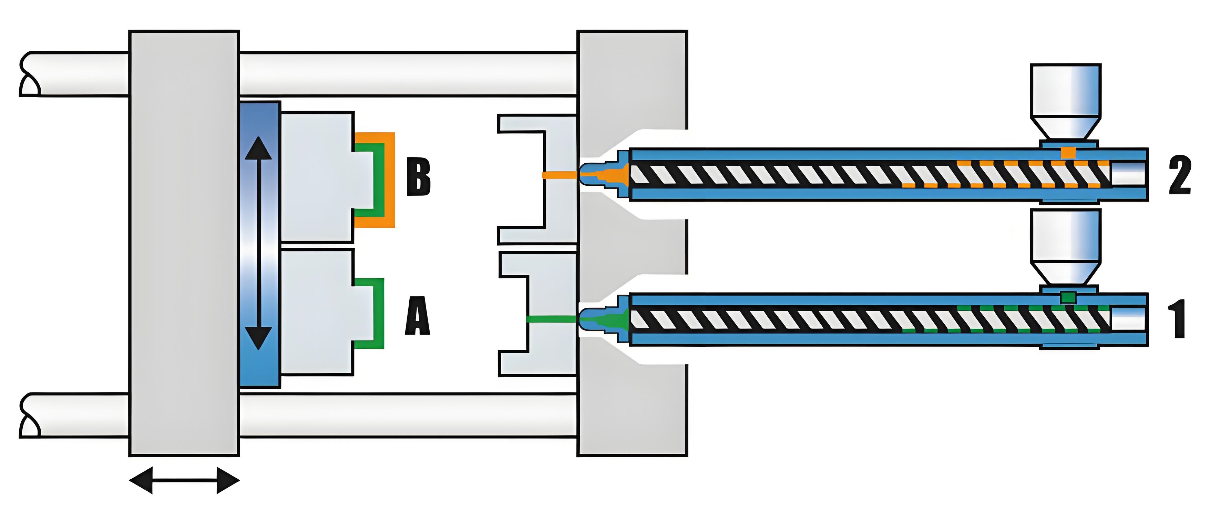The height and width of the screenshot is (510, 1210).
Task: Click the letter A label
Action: pyautogui.click(x=417, y=316)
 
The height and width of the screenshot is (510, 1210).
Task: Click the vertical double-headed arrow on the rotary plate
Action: pyautogui.click(x=258, y=243)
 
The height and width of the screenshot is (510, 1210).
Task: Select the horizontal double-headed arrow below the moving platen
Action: pyautogui.click(x=184, y=480)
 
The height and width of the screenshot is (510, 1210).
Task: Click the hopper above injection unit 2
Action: pyautogui.click(x=1065, y=101)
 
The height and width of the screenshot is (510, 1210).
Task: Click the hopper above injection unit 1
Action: pyautogui.click(x=1065, y=246)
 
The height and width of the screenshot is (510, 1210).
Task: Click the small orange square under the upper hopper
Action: pyautogui.click(x=1068, y=153)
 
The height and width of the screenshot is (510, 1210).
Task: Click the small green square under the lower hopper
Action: pyautogui.click(x=1068, y=297)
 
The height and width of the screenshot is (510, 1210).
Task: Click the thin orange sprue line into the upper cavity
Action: pyautogui.click(x=559, y=175)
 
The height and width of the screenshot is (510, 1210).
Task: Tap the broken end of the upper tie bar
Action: pyautogui.click(x=29, y=75)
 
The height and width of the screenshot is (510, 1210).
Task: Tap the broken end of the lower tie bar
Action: pyautogui.click(x=29, y=416)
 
